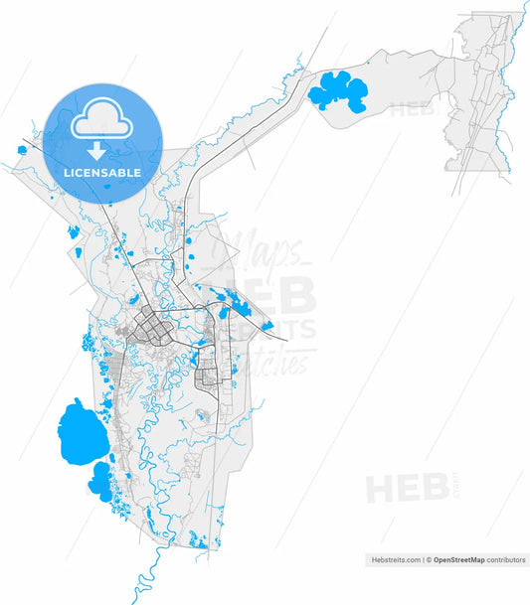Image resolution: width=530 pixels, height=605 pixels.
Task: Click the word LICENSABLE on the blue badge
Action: pyautogui.click(x=102, y=172)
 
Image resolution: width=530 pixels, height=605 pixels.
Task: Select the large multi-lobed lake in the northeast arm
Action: pyautogui.click(x=338, y=91)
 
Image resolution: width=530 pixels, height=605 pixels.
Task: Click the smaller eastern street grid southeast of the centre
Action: pyautogui.click(x=209, y=377)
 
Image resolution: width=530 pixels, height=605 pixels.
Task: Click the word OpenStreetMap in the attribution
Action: pyautogui.click(x=458, y=560)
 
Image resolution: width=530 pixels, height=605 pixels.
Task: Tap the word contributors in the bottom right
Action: pyautogui.click(x=506, y=560)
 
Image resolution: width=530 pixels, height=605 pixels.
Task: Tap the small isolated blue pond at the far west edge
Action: pyautogui.click(x=22, y=150)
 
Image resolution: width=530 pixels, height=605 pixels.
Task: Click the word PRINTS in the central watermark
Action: pyautogui.click(x=282, y=329)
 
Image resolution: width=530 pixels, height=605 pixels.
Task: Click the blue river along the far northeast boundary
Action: pyautogui.click(x=511, y=60)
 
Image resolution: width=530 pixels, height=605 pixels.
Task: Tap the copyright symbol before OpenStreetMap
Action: pyautogui.click(x=429, y=560)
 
